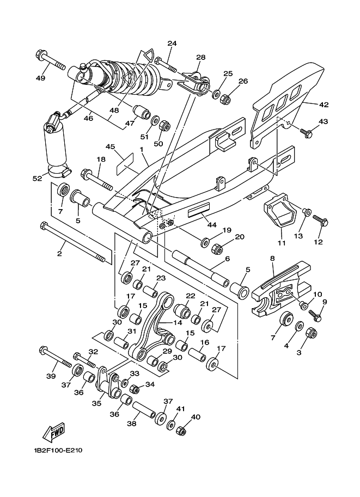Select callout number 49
coord(40,78)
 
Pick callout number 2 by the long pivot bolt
coord(60,254)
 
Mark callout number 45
coord(110,146)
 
